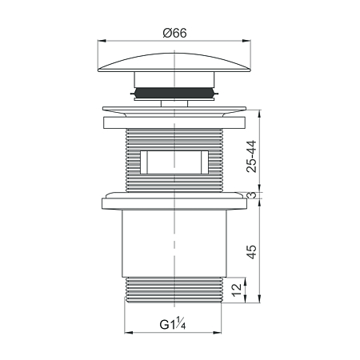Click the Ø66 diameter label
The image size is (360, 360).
click(175, 33)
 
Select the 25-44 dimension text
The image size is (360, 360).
click(251, 157)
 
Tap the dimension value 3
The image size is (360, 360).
click(252, 195)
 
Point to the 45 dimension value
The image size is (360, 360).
click(252, 252)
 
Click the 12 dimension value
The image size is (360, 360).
click(237, 290)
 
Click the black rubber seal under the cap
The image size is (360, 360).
click(174, 93)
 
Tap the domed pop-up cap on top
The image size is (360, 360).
click(174, 62)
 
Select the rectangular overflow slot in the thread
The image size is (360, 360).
click(174, 162)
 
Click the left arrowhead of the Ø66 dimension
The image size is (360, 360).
click(102, 41)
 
